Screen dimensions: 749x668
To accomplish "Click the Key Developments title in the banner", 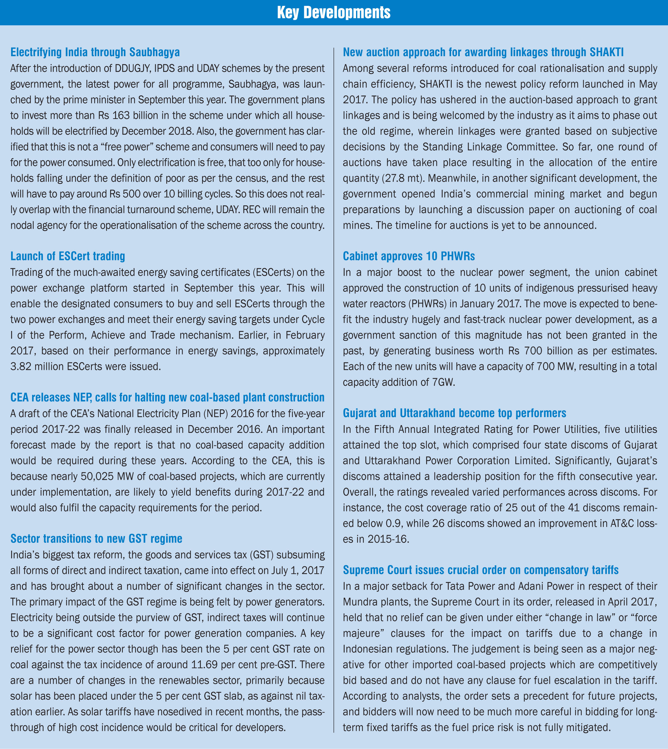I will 334,13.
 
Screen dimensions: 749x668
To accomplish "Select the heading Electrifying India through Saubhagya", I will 95,52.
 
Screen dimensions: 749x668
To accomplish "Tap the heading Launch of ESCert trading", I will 68,256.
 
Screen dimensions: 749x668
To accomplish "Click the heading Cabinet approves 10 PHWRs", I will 409,256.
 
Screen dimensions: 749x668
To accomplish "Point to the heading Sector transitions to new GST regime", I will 96,538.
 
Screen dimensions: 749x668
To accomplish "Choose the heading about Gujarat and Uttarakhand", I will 454,413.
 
